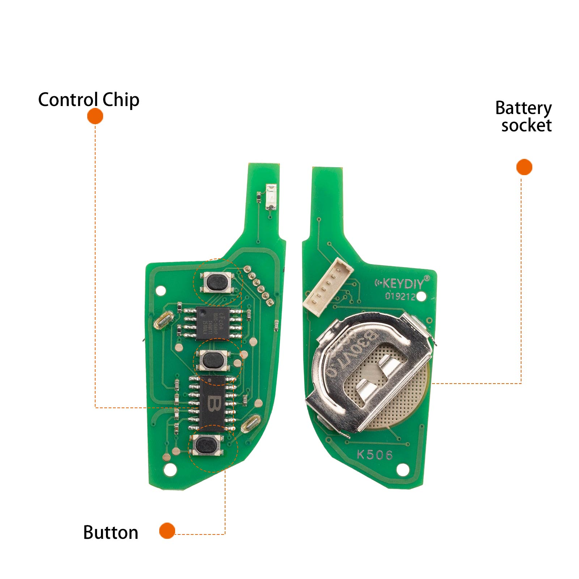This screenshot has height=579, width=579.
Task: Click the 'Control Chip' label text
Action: [x=89, y=100]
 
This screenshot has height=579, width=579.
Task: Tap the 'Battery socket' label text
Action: [x=524, y=117]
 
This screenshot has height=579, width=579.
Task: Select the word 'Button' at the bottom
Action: [x=111, y=532]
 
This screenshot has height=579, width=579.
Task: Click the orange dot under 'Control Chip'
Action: [x=95, y=117]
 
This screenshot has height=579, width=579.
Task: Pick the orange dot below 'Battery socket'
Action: [x=524, y=167]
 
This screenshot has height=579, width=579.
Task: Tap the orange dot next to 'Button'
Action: [x=167, y=531]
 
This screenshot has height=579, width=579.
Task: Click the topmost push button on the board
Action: [x=218, y=282]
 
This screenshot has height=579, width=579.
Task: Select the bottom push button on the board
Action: [x=207, y=445]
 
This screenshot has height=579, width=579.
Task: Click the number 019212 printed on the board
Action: [x=400, y=296]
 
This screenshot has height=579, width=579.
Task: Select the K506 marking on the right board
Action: [x=375, y=455]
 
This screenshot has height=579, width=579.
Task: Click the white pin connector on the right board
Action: [x=328, y=287]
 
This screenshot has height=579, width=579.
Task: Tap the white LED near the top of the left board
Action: [x=271, y=197]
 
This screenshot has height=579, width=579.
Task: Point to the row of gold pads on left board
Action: [x=258, y=285]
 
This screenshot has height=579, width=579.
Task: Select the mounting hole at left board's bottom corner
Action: [x=170, y=470]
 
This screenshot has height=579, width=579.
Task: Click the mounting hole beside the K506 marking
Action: [x=403, y=470]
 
